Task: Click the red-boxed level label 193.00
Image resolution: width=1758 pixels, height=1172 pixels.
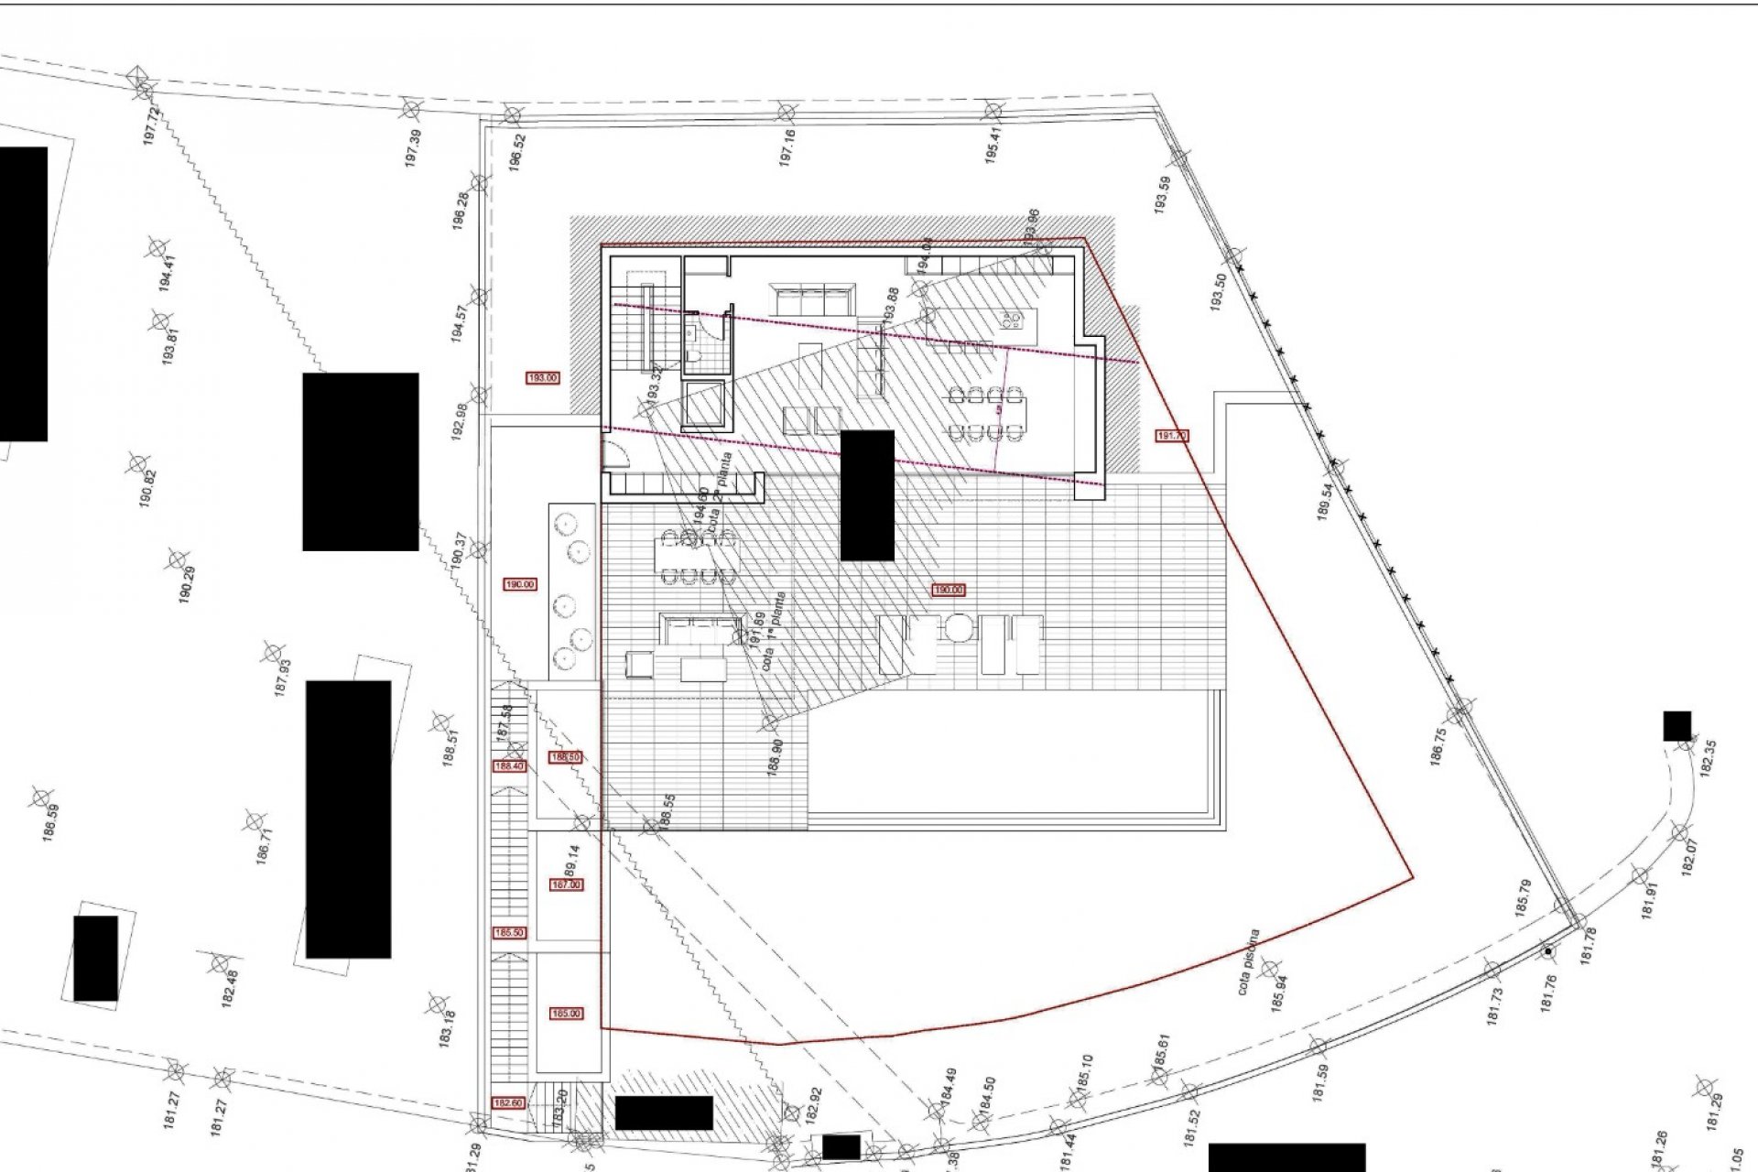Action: coord(543,377)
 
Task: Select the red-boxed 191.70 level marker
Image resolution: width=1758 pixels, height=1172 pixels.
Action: coord(1172,436)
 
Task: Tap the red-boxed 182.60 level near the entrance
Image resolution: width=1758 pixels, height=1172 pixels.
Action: coord(508,1103)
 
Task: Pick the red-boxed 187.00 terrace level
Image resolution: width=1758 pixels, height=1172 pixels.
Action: coord(566,885)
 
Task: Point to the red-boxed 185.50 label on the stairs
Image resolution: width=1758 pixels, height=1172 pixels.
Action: coord(509,933)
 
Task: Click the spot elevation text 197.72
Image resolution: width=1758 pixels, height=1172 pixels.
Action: coord(153,125)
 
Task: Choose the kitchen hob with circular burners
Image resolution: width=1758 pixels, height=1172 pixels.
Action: coord(1012,320)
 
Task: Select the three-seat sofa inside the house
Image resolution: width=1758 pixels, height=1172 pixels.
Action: coord(811,299)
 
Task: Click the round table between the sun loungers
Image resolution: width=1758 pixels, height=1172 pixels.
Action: coord(958,630)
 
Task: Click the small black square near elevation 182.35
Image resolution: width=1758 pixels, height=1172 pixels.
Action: coord(1677,726)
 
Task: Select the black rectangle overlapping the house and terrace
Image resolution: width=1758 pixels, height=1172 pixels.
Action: coord(867,494)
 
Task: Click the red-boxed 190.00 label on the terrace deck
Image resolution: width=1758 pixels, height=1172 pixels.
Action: coord(948,591)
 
